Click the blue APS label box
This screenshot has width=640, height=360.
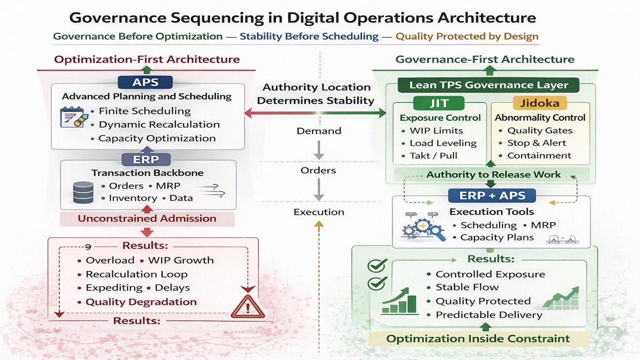(145, 82)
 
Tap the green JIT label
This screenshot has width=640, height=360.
(440, 103)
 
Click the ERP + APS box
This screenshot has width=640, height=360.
(491, 195)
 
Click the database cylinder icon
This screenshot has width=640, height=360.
(83, 192)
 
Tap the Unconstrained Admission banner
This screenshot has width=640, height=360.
(147, 218)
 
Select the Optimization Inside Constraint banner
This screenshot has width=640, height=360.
(478, 338)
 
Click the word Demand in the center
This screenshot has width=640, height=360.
(319, 131)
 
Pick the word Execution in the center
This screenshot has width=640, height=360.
(319, 212)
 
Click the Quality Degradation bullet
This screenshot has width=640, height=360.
(140, 302)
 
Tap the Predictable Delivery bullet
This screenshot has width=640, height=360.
(488, 315)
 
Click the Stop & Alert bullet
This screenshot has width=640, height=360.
(536, 143)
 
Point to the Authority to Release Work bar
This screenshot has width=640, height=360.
(493, 174)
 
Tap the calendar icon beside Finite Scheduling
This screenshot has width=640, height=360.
(71, 117)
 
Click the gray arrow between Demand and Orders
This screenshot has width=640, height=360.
(319, 150)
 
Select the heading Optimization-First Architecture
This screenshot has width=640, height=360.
(147, 59)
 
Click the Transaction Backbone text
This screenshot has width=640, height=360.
(147, 173)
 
